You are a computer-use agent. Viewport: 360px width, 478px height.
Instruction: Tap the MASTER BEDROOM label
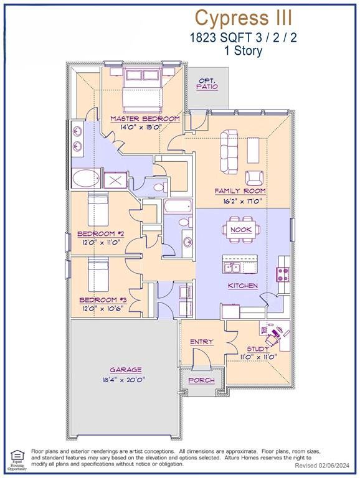[145, 118]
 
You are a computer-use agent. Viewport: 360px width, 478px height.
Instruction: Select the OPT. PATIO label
[207, 84]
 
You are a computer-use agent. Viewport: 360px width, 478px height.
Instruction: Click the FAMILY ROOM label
[240, 191]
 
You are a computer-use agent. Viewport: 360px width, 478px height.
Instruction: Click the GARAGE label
[126, 369]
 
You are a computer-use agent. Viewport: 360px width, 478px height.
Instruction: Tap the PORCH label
[201, 380]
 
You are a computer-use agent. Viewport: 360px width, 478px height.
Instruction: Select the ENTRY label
[201, 342]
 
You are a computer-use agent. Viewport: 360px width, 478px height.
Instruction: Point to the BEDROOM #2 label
[102, 234]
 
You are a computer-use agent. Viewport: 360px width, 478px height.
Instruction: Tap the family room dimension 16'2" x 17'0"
[240, 201]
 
